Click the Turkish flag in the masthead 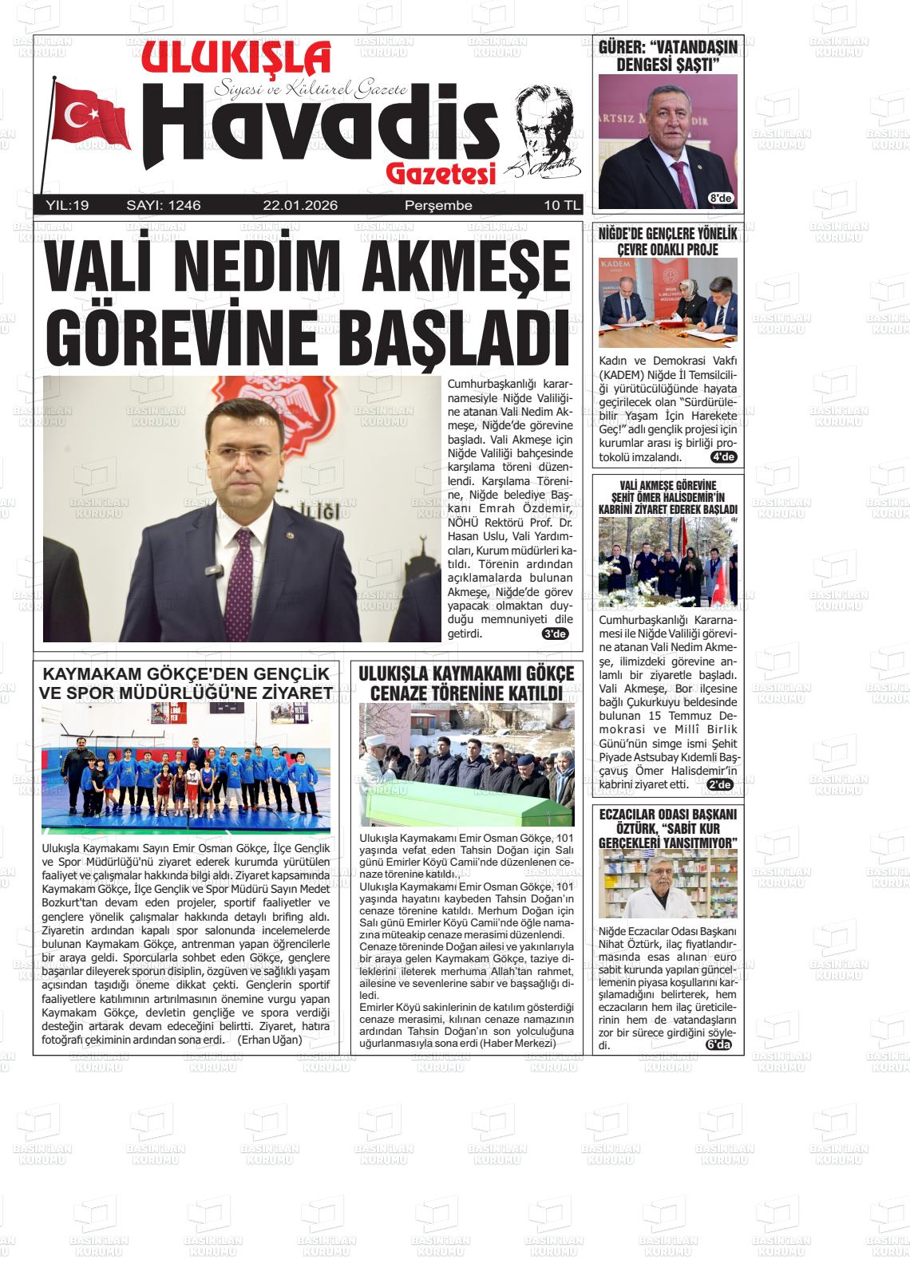(x=89, y=116)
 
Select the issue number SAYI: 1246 (x=164, y=206)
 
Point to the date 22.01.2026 (x=300, y=206)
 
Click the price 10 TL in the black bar (x=562, y=206)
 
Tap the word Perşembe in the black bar (x=438, y=206)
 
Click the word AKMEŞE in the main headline (x=467, y=266)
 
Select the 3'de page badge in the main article (x=554, y=634)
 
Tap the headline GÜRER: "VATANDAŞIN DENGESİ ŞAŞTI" (x=668, y=56)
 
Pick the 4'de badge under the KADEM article (x=723, y=457)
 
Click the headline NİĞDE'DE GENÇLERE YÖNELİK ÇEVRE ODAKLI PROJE (x=668, y=241)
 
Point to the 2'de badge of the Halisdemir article (x=720, y=784)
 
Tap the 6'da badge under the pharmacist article (x=718, y=1046)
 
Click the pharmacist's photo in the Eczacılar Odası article (x=668, y=884)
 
